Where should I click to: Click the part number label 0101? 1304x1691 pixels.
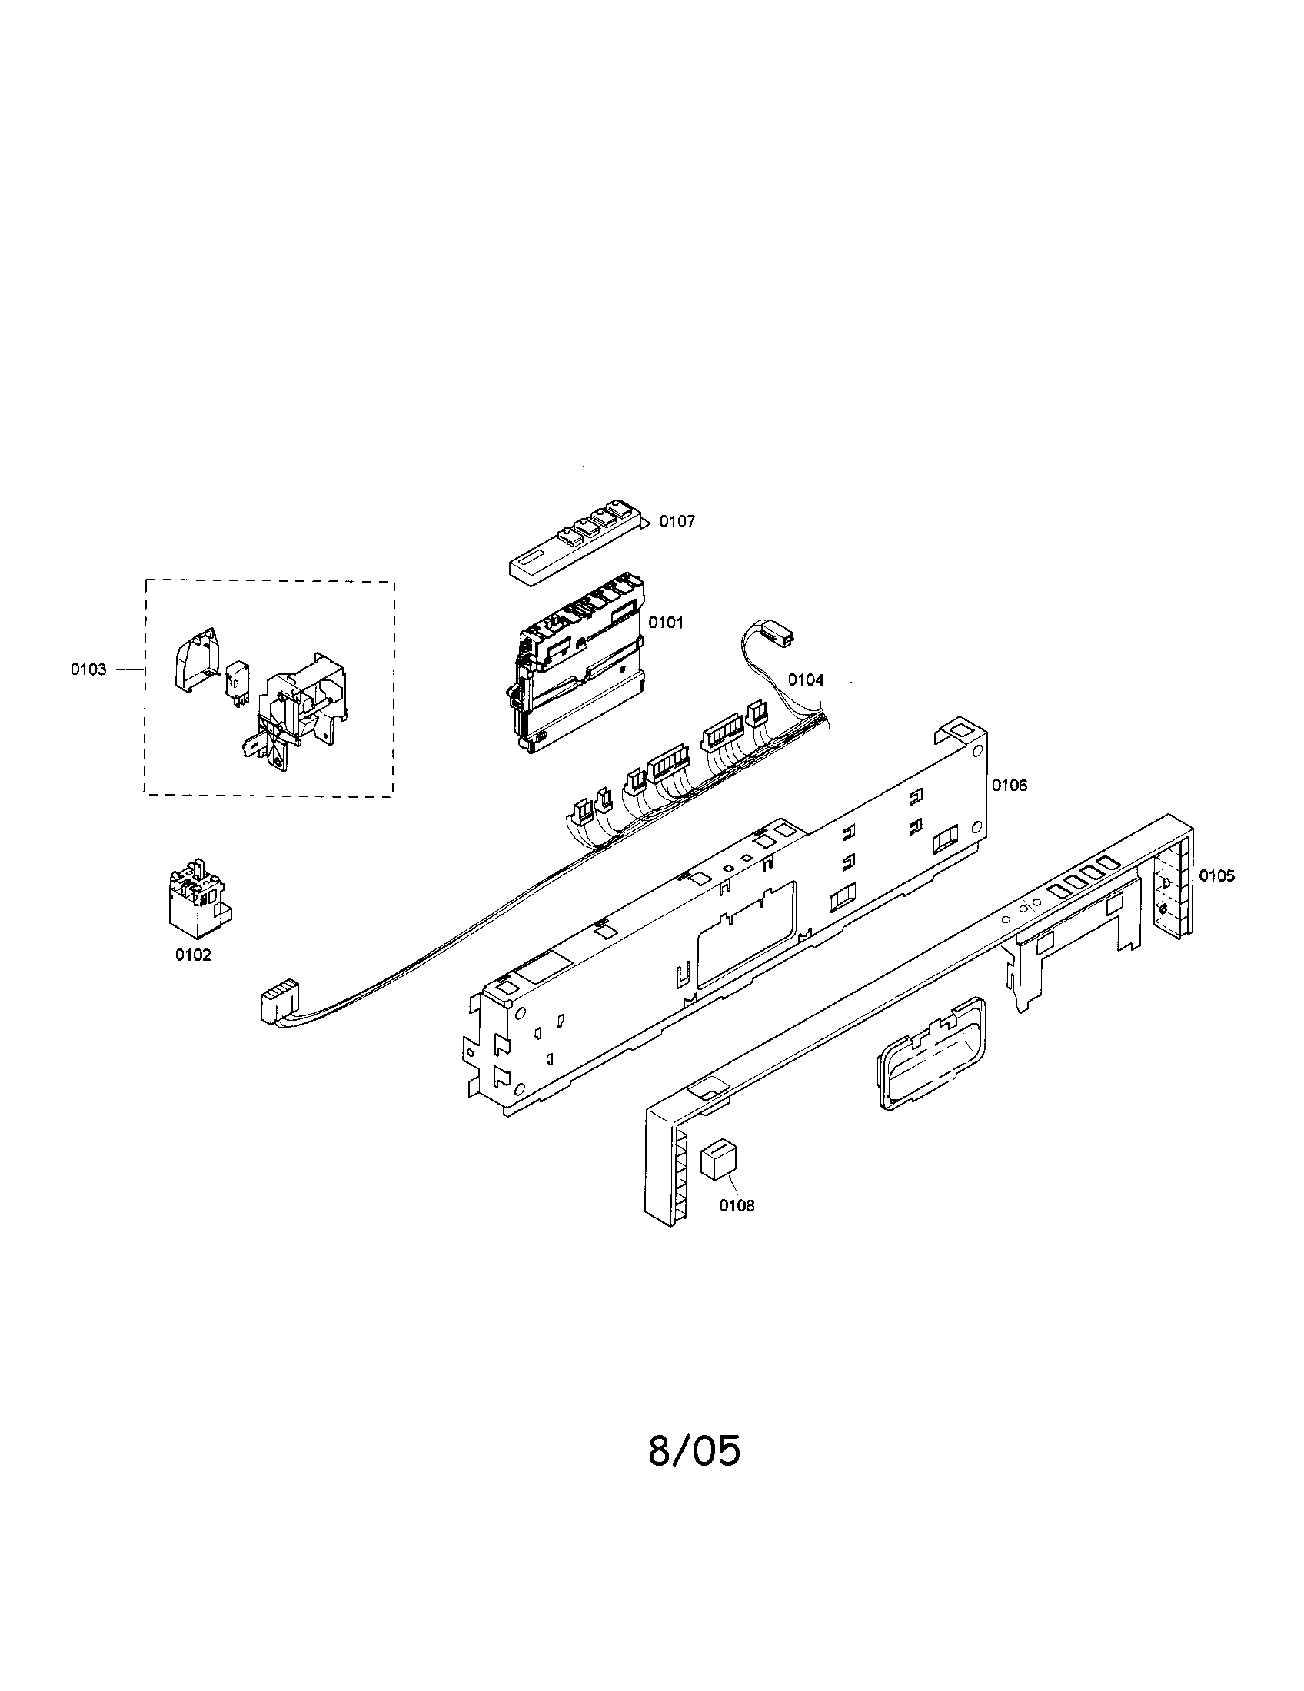(666, 622)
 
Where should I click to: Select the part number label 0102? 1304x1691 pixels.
(193, 955)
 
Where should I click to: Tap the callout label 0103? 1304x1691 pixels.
(88, 669)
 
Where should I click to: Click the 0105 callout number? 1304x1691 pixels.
(1217, 875)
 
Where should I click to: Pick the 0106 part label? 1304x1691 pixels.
(1010, 785)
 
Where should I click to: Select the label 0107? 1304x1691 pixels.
(677, 521)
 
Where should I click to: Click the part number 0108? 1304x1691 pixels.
(737, 1205)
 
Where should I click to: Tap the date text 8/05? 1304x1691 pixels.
(694, 1451)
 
